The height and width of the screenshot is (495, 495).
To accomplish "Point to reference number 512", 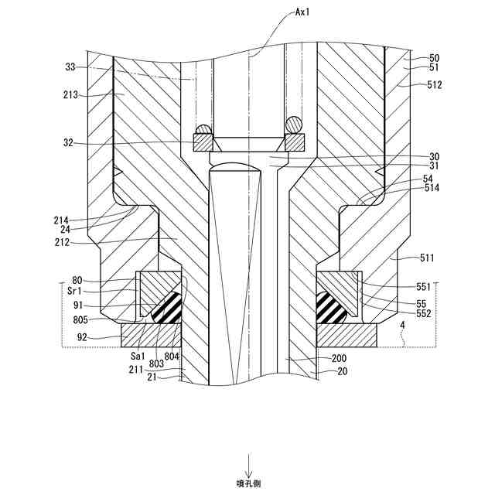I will tap(433, 85).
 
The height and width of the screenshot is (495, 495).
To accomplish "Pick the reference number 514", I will tap(431, 187).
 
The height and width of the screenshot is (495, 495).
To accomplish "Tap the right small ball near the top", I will tap(293, 125).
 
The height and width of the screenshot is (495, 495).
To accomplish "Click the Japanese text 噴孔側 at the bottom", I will tap(249, 483).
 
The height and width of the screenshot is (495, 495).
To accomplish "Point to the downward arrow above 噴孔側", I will tap(249, 466).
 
